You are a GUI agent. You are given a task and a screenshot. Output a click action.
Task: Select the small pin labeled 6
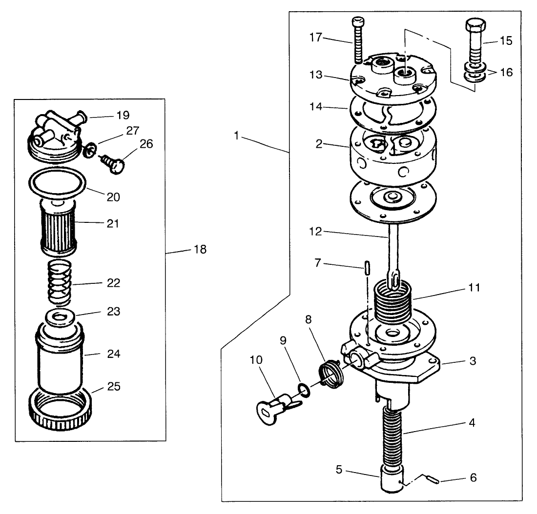click(432, 479)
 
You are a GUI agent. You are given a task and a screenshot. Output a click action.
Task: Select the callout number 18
click(200, 250)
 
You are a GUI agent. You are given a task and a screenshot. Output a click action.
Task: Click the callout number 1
click(236, 136)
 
